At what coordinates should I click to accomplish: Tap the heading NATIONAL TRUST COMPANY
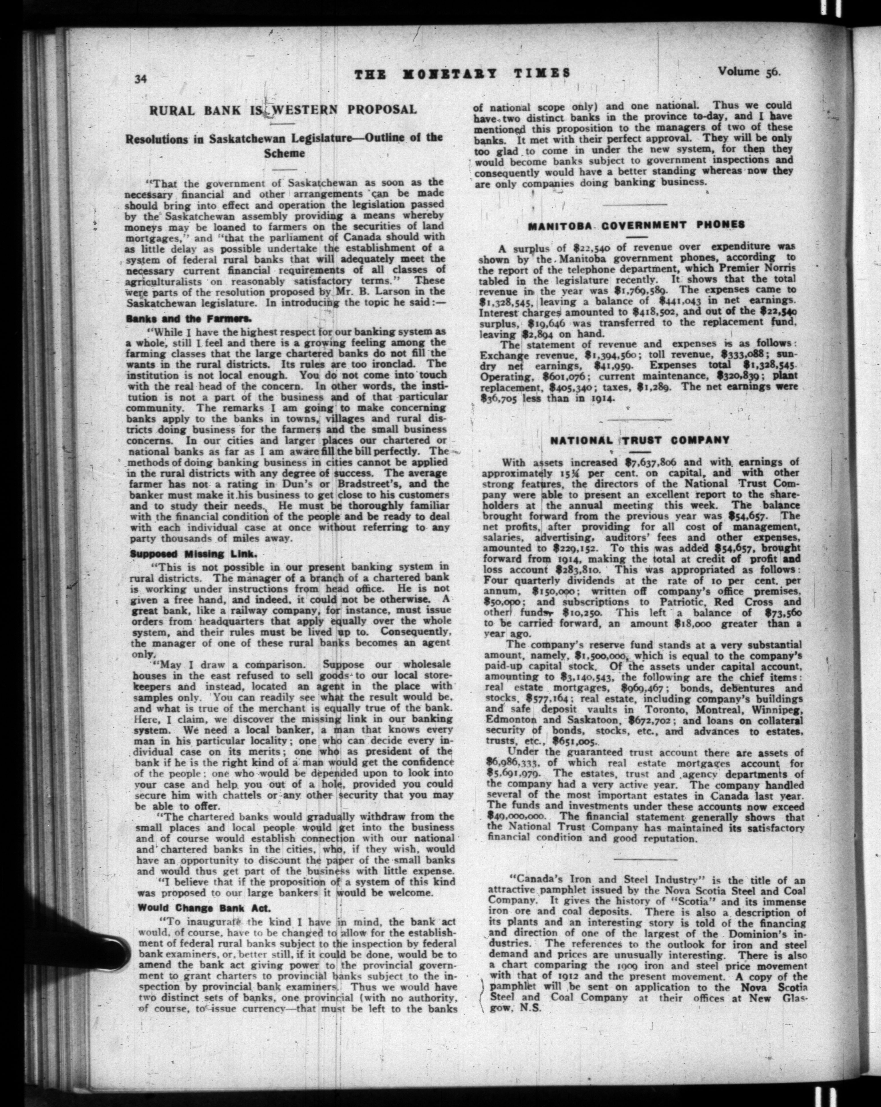pyautogui.click(x=639, y=440)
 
